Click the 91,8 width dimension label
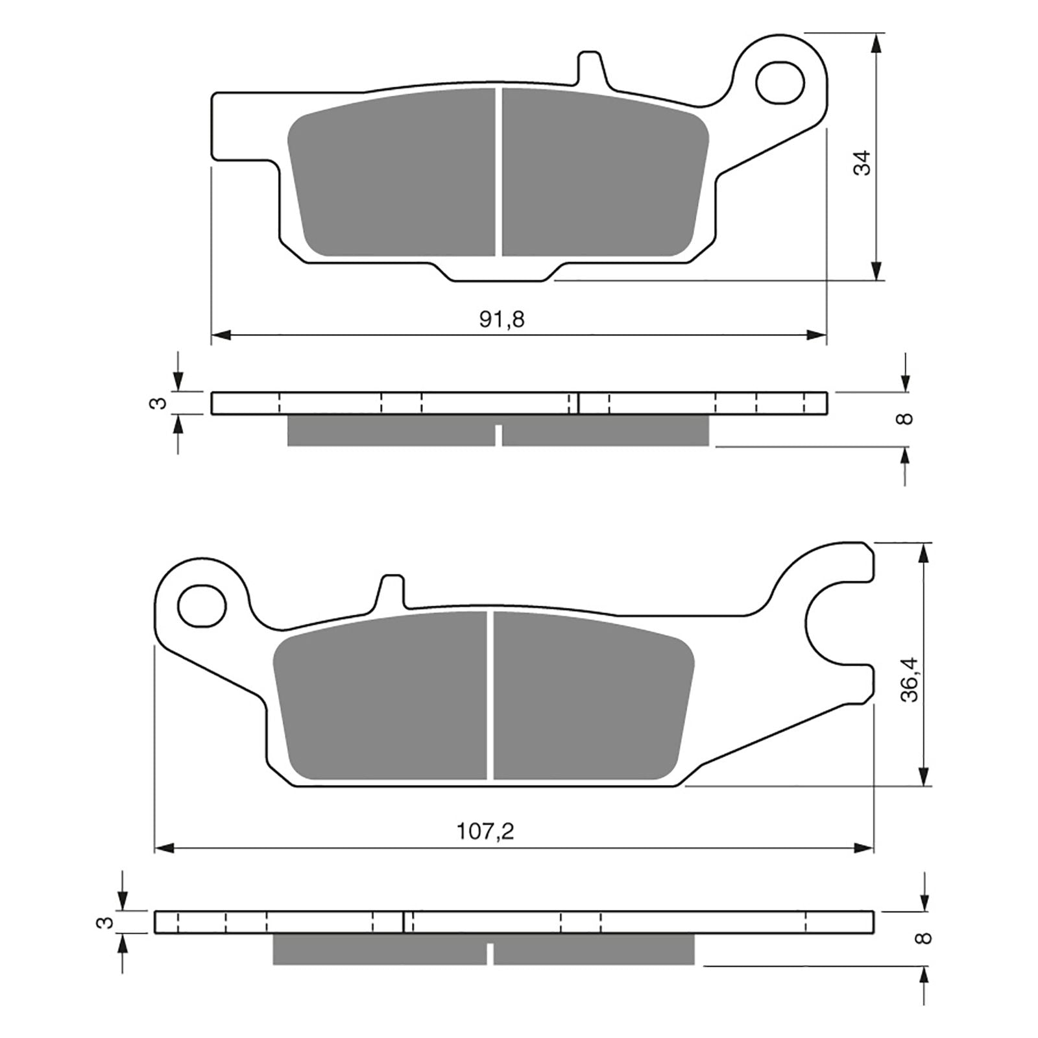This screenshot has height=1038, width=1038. [501, 319]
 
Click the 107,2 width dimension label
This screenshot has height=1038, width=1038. [485, 832]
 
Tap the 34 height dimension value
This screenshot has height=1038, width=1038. [862, 163]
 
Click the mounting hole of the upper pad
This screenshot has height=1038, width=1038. [780, 83]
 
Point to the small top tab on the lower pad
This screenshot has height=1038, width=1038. [391, 590]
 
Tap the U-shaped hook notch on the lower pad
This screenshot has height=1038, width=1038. [837, 626]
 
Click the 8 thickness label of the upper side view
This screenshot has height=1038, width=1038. [906, 418]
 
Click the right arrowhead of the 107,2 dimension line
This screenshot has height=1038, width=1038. [864, 848]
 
